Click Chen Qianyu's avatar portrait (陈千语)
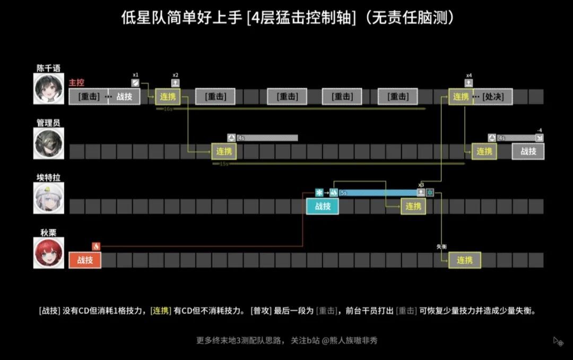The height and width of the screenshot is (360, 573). tap(49, 88)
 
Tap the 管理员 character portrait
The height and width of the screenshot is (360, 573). tap(49, 143)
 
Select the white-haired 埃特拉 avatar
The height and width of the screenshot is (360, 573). tap(49, 198)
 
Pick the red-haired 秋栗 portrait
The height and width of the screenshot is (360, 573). tap(49, 253)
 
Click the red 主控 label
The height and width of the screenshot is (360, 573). tap(76, 83)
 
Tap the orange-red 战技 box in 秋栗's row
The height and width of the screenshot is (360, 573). tap(85, 260)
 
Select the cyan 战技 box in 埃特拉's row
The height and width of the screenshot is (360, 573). tap(323, 206)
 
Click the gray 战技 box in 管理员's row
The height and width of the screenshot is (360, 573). tap(528, 151)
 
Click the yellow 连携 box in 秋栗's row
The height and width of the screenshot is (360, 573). tap(465, 260)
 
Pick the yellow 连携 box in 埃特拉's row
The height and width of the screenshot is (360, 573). tap(413, 206)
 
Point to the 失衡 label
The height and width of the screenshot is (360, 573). tap(442, 247)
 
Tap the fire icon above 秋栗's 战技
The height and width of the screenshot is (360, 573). tap(96, 246)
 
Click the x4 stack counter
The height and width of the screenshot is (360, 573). tap(468, 75)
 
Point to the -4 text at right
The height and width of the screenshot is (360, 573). tap(539, 130)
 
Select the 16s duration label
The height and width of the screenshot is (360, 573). tap(168, 108)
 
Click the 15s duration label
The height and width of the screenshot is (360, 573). tap(223, 164)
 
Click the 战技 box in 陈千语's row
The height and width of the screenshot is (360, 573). tap(124, 97)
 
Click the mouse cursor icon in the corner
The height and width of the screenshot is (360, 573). tap(558, 341)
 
